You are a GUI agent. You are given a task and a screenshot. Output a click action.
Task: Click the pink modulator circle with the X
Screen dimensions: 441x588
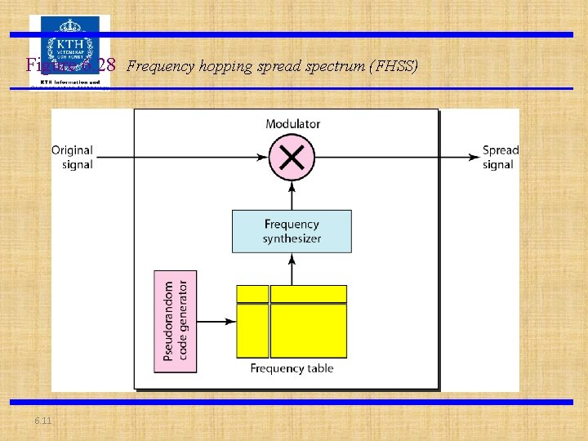(292, 157)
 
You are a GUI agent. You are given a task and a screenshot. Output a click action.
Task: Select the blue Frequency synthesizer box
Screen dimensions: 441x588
(292, 231)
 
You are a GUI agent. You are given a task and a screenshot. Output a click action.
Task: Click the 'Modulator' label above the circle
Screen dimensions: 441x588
(292, 124)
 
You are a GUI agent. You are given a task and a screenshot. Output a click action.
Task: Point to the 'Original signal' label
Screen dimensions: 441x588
(72, 158)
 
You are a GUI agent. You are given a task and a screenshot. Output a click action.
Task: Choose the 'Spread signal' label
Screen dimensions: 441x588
(500, 158)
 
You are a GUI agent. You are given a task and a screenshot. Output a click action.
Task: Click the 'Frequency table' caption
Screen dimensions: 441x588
(292, 368)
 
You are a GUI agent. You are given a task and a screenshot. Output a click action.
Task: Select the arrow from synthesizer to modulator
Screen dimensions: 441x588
(292, 195)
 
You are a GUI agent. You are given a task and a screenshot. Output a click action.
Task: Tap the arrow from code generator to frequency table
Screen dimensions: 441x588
(216, 322)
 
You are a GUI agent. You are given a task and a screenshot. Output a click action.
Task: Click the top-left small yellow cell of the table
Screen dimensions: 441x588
(252, 294)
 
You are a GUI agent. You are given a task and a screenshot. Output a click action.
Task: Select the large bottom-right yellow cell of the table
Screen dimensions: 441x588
(309, 331)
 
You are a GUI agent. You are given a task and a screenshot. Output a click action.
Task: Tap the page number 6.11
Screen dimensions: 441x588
(42, 420)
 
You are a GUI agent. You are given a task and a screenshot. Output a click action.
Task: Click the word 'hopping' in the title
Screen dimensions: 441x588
(222, 66)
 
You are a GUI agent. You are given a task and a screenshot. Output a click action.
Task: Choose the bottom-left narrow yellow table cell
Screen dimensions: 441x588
(252, 331)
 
